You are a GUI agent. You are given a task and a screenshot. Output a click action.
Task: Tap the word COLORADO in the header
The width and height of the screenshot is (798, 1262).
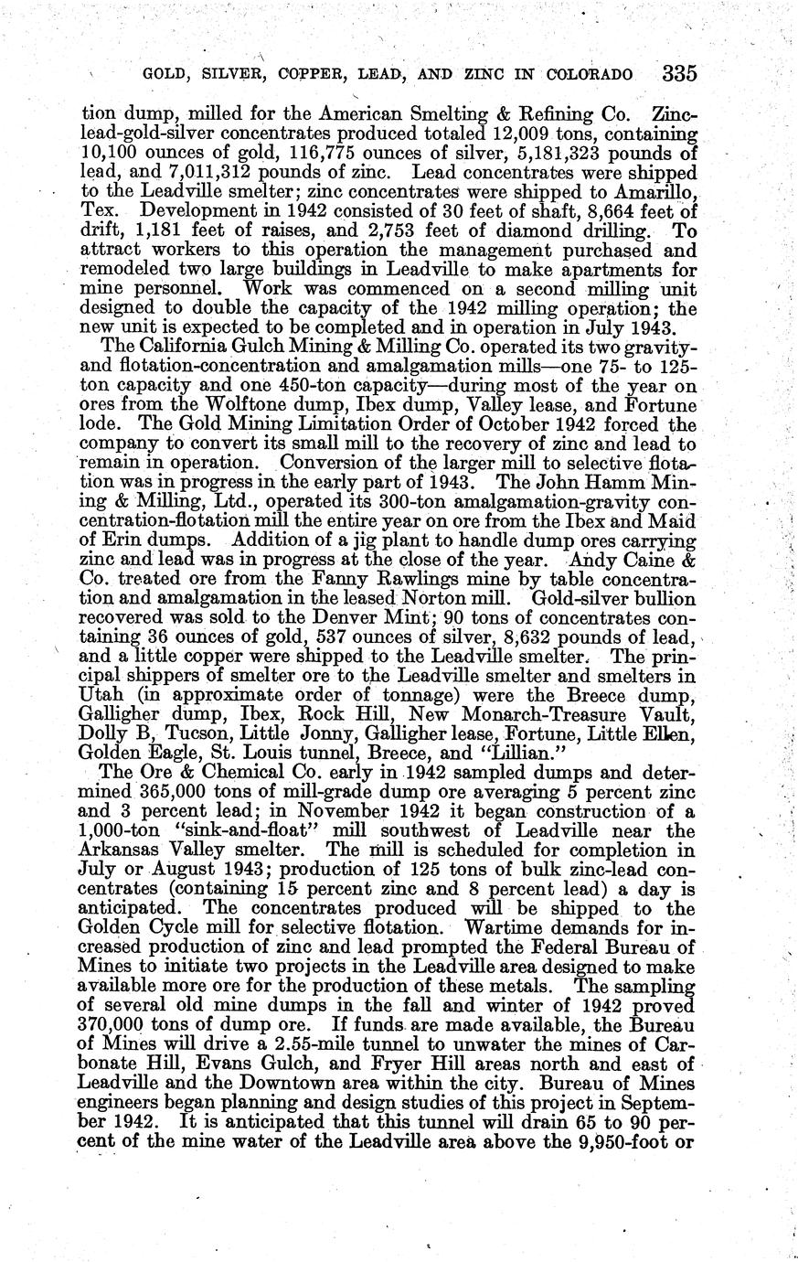(x=591, y=74)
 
